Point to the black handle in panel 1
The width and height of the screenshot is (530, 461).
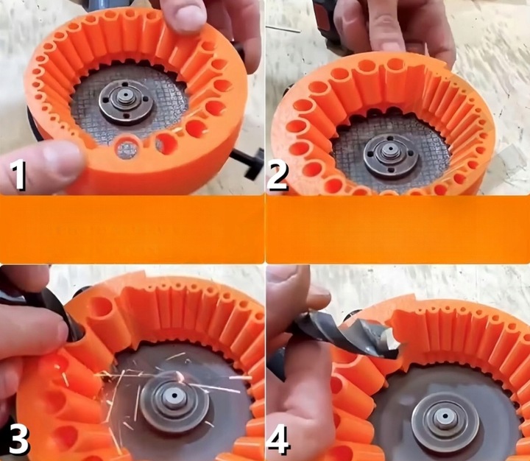click(252, 161)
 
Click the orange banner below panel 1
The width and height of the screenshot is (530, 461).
click(132, 228)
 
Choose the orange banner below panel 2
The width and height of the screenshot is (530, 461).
click(397, 228)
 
